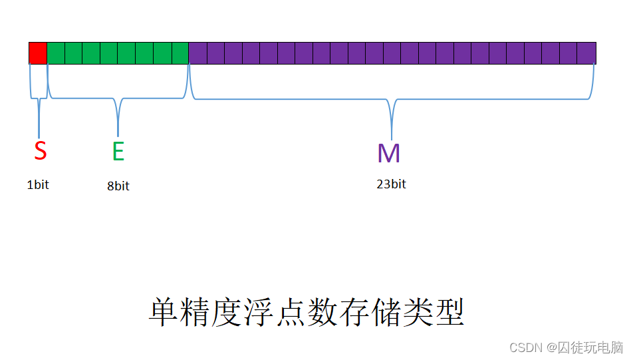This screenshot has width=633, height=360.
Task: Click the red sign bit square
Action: pos(38,53)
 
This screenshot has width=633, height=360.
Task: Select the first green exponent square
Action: pos(56,53)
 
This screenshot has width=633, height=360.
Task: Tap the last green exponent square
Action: pos(180,53)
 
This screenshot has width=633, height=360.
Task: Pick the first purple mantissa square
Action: pos(198,53)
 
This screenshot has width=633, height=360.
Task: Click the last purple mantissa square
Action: pos(586,53)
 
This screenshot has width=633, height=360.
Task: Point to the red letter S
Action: pos(41,151)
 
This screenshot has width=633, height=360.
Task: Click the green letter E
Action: pos(118,152)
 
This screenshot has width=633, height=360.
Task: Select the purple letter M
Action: pos(389,153)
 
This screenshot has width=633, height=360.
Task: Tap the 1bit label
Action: pos(38,185)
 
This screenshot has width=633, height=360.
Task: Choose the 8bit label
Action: pos(118,186)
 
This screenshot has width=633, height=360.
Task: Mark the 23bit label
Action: pos(391,184)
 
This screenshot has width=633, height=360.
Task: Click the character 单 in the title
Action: pos(162,312)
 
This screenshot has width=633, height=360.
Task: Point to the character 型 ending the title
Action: pos(451,312)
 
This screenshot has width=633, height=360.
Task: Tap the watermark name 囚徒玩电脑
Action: pos(590,347)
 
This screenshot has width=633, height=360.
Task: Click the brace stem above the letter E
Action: pos(118,120)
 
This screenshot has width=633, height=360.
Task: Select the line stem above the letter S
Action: pos(39,118)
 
